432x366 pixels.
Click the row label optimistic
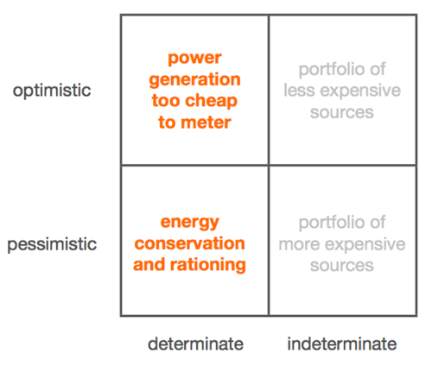pos(52,91)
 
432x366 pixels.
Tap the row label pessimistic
pos(52,244)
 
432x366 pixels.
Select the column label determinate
pos(195,344)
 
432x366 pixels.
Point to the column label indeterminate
pos(342,344)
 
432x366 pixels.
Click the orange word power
pos(194,59)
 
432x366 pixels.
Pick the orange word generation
pos(194,80)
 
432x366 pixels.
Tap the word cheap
pos(211,101)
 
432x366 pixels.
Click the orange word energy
pos(190,223)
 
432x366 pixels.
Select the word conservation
pos(189,243)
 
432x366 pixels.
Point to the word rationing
pos(208,265)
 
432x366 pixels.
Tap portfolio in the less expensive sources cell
pos(329,70)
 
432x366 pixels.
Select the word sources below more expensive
pos(342,265)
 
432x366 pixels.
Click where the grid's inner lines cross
pos(269,165)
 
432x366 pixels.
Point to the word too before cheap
pos(166,101)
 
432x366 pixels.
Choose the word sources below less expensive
pos(342,112)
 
